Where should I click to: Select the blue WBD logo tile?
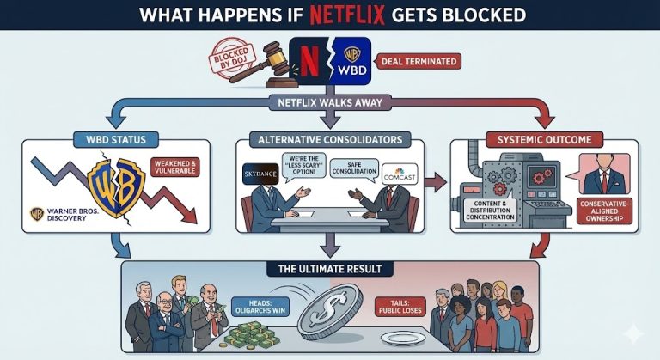(x=351, y=61)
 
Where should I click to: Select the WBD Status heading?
(x=116, y=137)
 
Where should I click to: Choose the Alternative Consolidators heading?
(x=329, y=137)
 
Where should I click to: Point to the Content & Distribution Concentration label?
(x=492, y=208)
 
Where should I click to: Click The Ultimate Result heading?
(x=330, y=269)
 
